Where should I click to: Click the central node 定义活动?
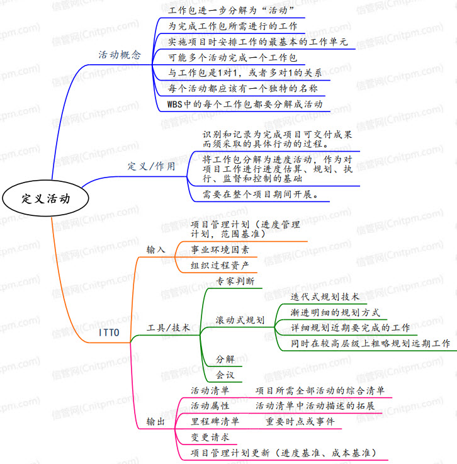[x=45, y=198]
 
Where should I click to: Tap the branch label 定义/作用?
[x=151, y=167]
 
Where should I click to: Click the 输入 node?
[x=155, y=249]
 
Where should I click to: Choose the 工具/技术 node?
[x=168, y=328]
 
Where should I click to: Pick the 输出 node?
[x=155, y=421]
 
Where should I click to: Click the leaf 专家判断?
[x=235, y=281]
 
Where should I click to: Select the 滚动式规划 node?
[x=240, y=320]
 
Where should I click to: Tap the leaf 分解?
[x=225, y=359]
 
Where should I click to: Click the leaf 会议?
[x=225, y=375]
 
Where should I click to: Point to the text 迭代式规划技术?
[x=325, y=297]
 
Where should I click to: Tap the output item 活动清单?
[x=210, y=390]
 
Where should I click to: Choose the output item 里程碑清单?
[x=215, y=421]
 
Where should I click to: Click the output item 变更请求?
[x=210, y=437]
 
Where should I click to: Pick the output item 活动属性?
[x=210, y=406]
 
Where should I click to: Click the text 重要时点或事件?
[x=300, y=421]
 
